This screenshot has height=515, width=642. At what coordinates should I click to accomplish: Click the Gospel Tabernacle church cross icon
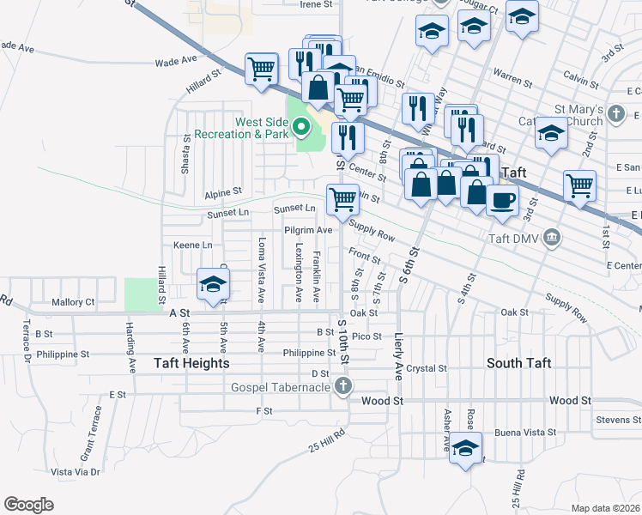pyautogui.click(x=343, y=386)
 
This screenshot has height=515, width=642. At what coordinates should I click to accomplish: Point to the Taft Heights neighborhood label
pyautogui.click(x=191, y=363)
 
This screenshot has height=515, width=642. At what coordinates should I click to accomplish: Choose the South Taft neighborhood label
pyautogui.click(x=518, y=363)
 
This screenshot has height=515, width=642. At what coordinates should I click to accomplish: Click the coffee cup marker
pyautogui.click(x=502, y=199)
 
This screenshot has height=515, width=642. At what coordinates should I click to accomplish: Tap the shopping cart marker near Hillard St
pyautogui.click(x=261, y=69)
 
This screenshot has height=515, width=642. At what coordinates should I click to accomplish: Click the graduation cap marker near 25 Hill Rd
pyautogui.click(x=465, y=449)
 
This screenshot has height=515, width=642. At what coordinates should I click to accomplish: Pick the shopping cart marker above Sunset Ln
pyautogui.click(x=342, y=199)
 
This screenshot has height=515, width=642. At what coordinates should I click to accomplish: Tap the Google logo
pyautogui.click(x=28, y=505)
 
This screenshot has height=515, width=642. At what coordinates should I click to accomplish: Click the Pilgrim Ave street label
pyautogui.click(x=308, y=230)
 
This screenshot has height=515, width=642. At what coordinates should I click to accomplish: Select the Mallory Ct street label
pyautogui.click(x=72, y=302)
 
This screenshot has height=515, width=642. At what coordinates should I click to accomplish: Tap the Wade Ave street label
pyautogui.click(x=176, y=62)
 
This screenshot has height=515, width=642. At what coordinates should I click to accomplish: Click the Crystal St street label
pyautogui.click(x=427, y=368)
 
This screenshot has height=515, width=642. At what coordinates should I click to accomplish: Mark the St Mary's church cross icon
pyautogui.click(x=615, y=112)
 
